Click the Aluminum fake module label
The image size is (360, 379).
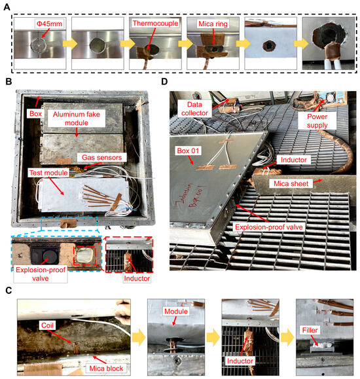[x=84, y=114]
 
